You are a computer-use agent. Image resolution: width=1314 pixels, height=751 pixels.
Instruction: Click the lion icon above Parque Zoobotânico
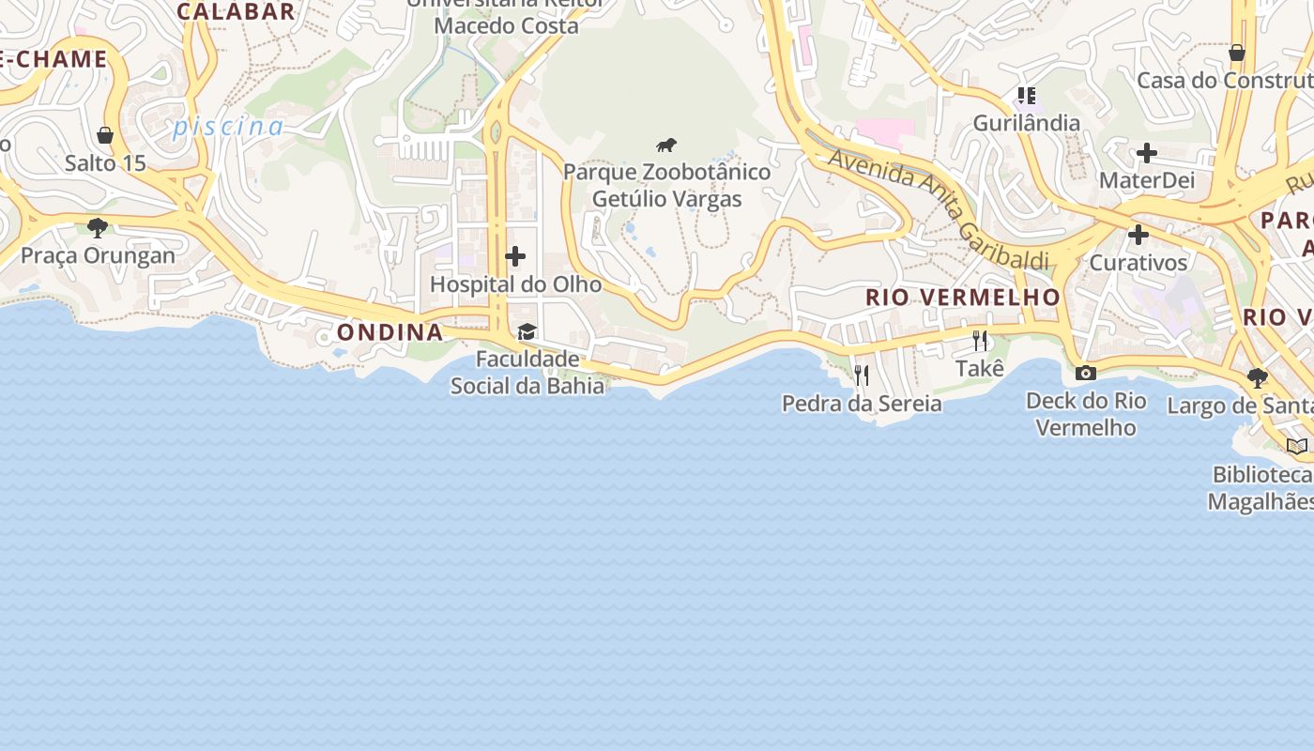(x=666, y=146)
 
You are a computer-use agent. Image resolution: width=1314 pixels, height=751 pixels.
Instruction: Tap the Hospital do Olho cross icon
(x=515, y=256)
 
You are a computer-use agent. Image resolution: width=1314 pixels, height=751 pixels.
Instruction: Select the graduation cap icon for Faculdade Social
(x=527, y=331)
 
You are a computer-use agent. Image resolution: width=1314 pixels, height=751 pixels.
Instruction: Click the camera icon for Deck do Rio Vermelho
(x=1085, y=374)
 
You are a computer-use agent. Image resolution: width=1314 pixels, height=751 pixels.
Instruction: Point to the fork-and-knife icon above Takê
(x=980, y=341)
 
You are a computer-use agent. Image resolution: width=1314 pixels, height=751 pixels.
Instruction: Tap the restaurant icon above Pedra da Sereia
(x=862, y=375)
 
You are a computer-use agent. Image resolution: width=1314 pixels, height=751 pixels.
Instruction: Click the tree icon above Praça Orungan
(x=97, y=227)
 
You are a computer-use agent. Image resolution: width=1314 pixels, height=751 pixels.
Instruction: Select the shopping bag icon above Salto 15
(x=105, y=136)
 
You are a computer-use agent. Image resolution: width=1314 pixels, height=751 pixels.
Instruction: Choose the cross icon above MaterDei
(x=1146, y=153)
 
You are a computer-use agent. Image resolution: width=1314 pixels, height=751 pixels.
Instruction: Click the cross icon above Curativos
(x=1138, y=235)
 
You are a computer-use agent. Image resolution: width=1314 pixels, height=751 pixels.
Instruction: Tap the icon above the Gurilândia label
(x=1026, y=96)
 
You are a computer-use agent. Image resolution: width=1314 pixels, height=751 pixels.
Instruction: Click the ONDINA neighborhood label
(x=390, y=332)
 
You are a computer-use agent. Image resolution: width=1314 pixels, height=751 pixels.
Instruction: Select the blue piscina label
(x=228, y=127)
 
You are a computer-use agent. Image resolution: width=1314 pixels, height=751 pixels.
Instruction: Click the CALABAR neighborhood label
(x=237, y=11)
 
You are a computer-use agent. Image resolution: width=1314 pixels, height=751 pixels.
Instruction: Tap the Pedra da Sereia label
(x=862, y=404)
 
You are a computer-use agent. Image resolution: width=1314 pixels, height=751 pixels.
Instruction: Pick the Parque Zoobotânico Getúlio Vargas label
(x=666, y=186)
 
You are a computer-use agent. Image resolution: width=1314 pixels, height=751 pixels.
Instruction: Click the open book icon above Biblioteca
(x=1296, y=447)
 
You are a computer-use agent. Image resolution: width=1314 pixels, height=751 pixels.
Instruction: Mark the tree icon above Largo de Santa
(x=1257, y=378)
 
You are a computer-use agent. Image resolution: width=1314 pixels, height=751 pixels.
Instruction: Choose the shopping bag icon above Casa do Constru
(x=1237, y=53)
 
